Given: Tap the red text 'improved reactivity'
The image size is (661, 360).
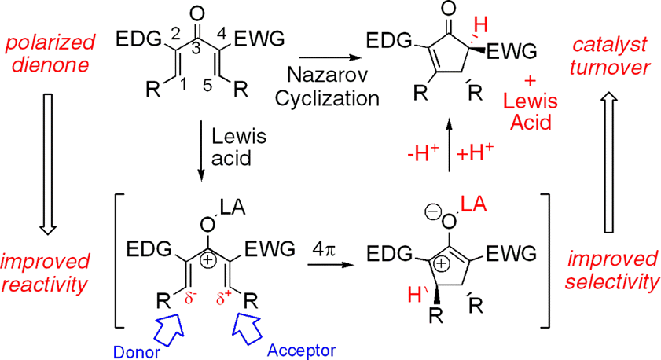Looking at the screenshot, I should [x=46, y=272].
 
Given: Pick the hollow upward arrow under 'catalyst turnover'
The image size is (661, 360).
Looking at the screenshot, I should [x=615, y=157].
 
